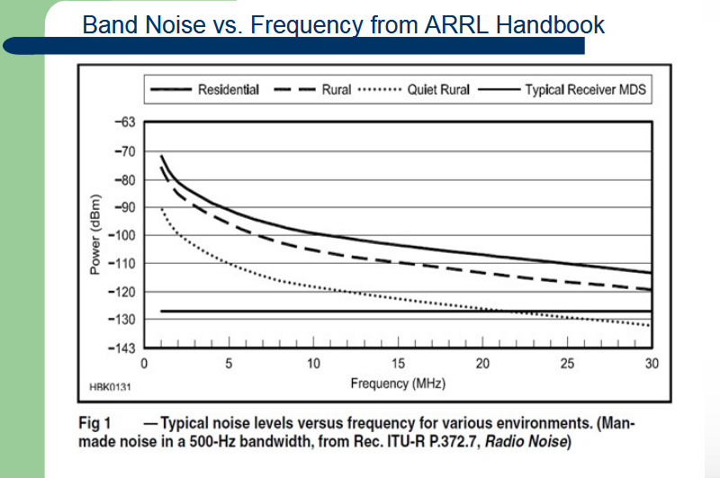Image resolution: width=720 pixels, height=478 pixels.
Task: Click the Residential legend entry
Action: (229, 90)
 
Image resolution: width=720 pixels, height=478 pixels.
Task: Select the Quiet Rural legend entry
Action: (438, 90)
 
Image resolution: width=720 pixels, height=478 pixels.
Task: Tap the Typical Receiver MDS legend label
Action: (585, 90)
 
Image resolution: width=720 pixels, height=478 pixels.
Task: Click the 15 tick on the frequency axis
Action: (398, 364)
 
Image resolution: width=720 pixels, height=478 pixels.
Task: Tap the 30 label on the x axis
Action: (652, 364)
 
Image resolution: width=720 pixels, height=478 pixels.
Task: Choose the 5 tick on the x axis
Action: (229, 364)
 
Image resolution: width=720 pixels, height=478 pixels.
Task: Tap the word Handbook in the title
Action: (547, 24)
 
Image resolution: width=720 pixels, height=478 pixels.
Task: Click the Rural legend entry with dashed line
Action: (337, 90)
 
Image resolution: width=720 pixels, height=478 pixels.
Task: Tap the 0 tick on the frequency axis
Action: (144, 364)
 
